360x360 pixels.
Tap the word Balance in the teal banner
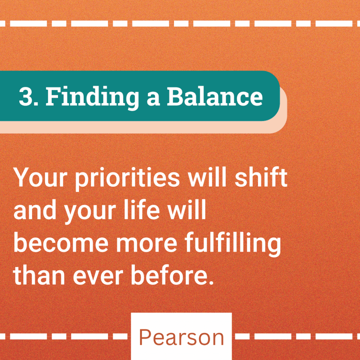(x=215, y=96)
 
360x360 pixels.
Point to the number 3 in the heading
(x=26, y=96)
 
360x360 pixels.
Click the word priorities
(x=128, y=179)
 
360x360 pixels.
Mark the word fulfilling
(x=233, y=245)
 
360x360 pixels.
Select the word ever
(x=98, y=277)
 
